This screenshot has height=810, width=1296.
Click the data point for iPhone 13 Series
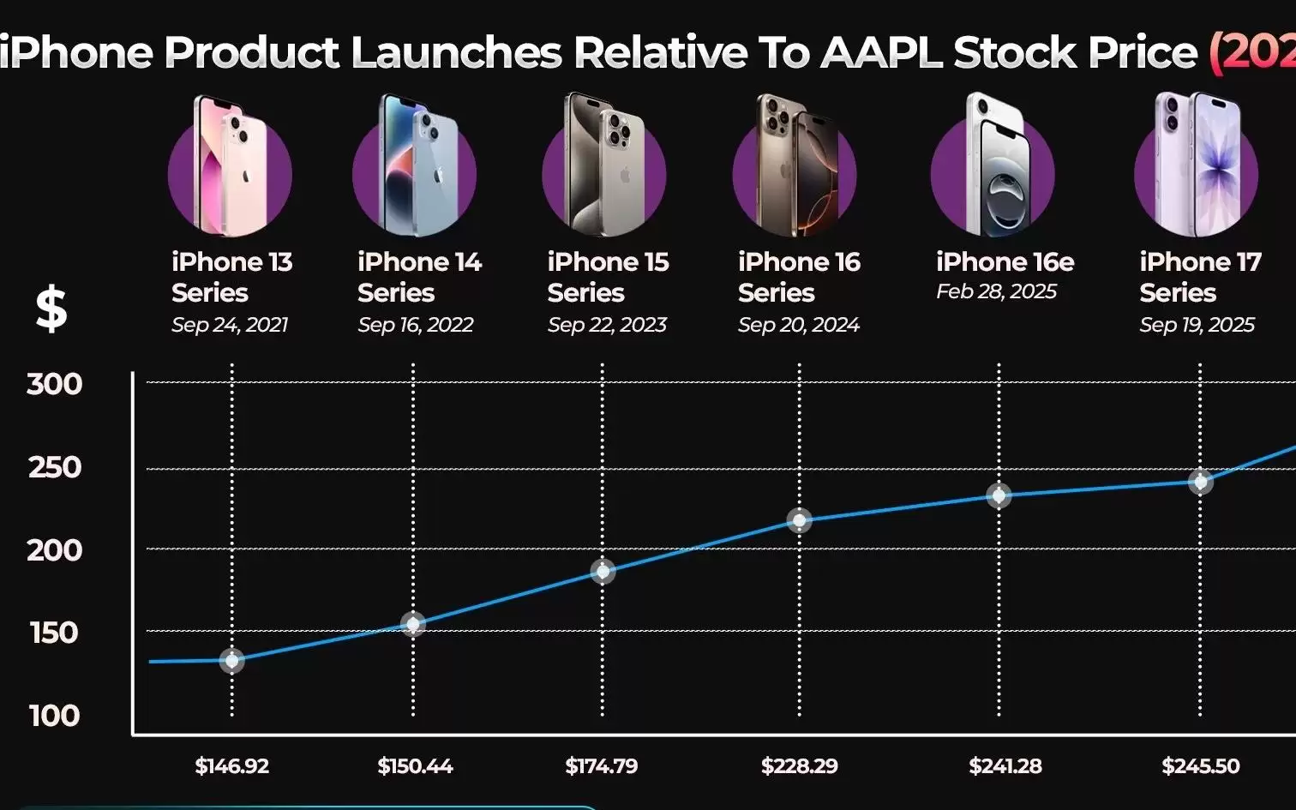pyautogui.click(x=231, y=660)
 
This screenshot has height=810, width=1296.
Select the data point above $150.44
pyautogui.click(x=413, y=623)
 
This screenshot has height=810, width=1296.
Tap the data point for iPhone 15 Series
pyautogui.click(x=603, y=571)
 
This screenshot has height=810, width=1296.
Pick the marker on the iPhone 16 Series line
pyautogui.click(x=799, y=520)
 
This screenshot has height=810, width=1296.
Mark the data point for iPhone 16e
pyautogui.click(x=999, y=495)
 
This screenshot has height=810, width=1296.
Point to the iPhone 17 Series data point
pyautogui.click(x=1200, y=481)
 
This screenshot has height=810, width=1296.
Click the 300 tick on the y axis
pyautogui.click(x=55, y=383)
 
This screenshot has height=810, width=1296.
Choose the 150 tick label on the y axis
pyautogui.click(x=54, y=633)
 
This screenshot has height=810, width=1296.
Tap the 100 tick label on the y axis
pyautogui.click(x=54, y=715)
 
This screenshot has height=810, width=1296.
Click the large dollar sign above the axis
pyautogui.click(x=51, y=309)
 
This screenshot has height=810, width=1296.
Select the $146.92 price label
pyautogui.click(x=231, y=765)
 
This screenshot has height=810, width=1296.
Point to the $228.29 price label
pyautogui.click(x=799, y=765)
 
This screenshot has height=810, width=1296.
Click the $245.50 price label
pyautogui.click(x=1200, y=765)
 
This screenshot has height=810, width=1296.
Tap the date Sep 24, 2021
pyautogui.click(x=229, y=325)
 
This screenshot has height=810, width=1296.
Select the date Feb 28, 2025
pyautogui.click(x=996, y=291)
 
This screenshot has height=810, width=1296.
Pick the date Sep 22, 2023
pyautogui.click(x=607, y=325)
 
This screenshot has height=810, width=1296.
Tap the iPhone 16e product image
pyautogui.click(x=994, y=167)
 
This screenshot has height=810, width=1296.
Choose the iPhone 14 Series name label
pyautogui.click(x=419, y=277)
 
